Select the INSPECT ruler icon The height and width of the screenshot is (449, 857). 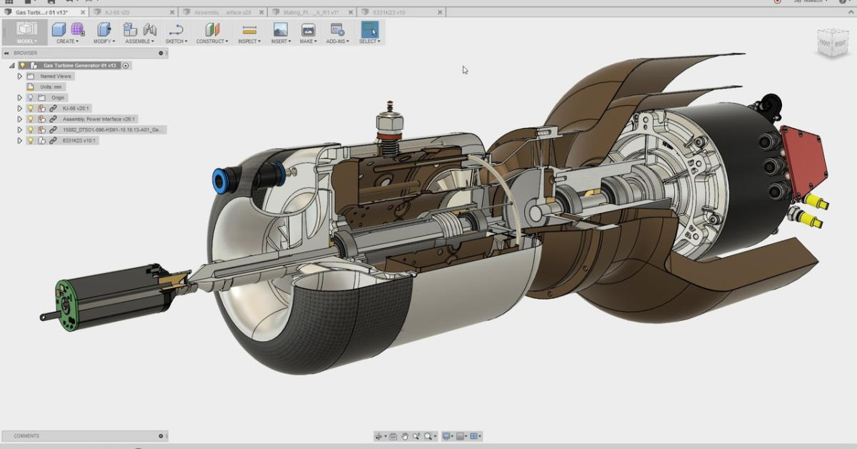click(249, 30)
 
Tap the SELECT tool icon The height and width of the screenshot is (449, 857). click(369, 30)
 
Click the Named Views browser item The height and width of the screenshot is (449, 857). click(55, 76)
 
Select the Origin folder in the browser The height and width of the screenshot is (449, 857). click(58, 97)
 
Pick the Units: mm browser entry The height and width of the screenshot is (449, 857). click(51, 87)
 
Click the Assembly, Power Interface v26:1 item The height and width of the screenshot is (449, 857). click(99, 119)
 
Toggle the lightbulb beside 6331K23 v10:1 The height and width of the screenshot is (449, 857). click(31, 141)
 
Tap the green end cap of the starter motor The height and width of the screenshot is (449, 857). click(66, 305)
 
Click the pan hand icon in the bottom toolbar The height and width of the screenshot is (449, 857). click(405, 436)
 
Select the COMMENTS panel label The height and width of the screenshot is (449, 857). click(26, 435)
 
